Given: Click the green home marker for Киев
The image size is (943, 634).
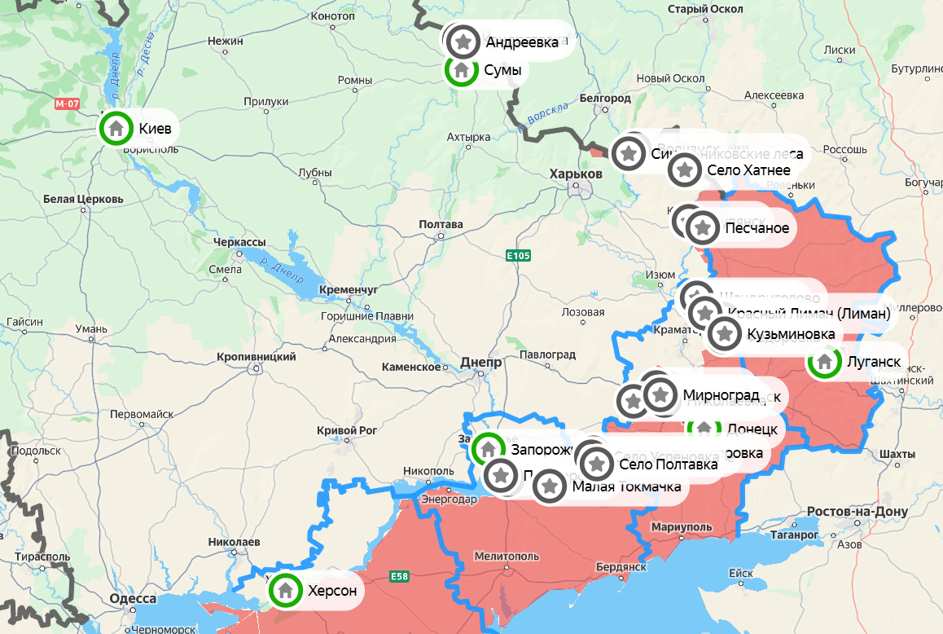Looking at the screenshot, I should click(x=116, y=128).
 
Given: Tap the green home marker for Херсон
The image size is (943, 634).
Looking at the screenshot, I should click(x=285, y=589).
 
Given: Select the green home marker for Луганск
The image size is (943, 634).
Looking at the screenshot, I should click(x=824, y=362).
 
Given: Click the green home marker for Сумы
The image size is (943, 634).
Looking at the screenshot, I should click(x=461, y=70).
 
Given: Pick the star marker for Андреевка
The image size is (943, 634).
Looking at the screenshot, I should click(x=463, y=41).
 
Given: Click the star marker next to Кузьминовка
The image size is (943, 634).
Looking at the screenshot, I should click(x=724, y=334).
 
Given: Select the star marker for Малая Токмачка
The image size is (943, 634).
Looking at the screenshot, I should click(x=550, y=487).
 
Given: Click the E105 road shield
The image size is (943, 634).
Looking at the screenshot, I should click(x=518, y=256).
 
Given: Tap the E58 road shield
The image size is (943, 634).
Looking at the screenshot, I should click(x=399, y=576).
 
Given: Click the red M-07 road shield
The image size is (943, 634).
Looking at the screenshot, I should click(x=68, y=104).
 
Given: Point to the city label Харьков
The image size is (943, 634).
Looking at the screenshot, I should click(x=576, y=174).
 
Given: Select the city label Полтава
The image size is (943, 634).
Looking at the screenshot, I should click(x=440, y=224).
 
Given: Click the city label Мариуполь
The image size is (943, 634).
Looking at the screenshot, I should click(x=682, y=527).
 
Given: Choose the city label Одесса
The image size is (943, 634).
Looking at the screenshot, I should click(x=133, y=599).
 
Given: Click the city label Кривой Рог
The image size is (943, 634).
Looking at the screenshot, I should click(x=346, y=430).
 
